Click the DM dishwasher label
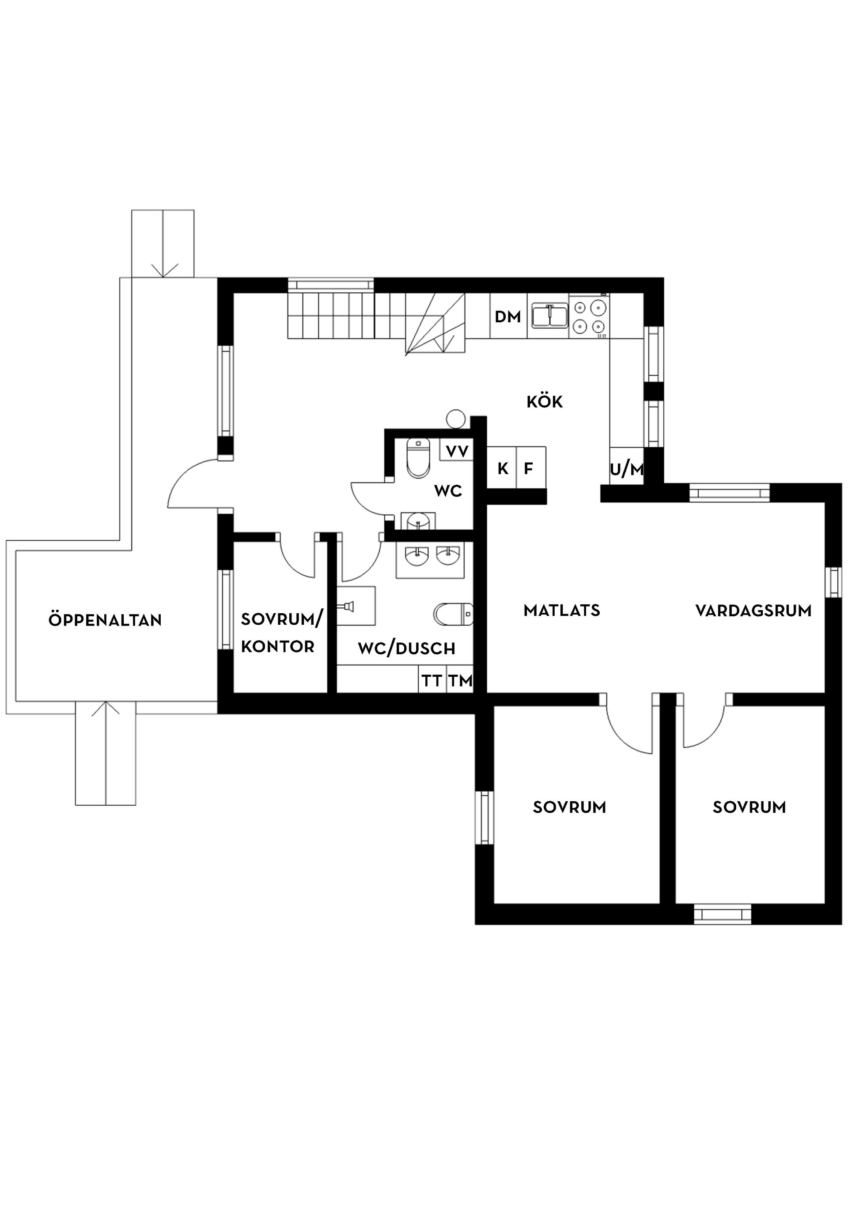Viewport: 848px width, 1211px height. [x=507, y=317]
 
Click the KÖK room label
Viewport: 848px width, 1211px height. [x=544, y=402]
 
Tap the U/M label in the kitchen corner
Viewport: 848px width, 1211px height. [x=626, y=469]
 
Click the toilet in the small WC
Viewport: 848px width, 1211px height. [x=418, y=457]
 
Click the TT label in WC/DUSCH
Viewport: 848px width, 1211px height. [x=432, y=681]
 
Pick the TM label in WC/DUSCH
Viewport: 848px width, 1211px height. [x=460, y=681]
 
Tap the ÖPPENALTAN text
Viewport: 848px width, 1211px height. [x=105, y=620]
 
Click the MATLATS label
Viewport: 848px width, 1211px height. [x=561, y=610]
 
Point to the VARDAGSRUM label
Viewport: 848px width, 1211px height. [x=753, y=611]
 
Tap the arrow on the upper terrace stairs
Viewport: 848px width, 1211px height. [x=163, y=269]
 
